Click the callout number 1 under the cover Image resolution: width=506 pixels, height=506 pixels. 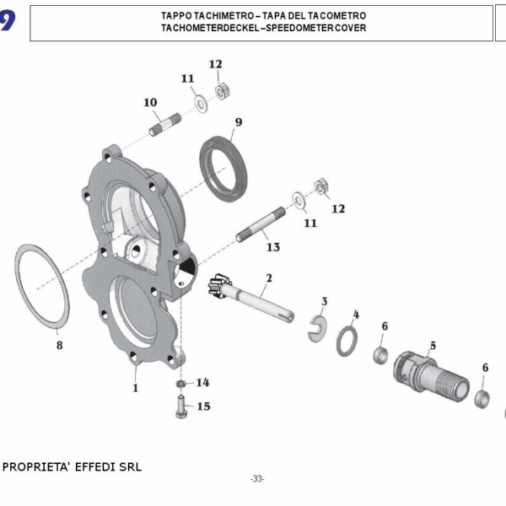134,388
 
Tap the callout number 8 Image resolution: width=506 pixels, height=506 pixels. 59,345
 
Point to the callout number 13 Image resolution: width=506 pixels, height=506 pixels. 272,247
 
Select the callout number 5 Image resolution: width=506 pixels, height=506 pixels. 433,345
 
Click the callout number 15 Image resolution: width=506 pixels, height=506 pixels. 203,406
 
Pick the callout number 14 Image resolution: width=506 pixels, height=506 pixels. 202,382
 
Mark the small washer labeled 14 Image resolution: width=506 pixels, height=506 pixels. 182,385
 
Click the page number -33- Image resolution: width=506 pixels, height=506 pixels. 257,479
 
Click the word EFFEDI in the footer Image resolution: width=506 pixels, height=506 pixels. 95,466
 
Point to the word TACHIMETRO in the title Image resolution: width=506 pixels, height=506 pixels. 213,16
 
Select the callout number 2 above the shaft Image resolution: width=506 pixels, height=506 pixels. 269,277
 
